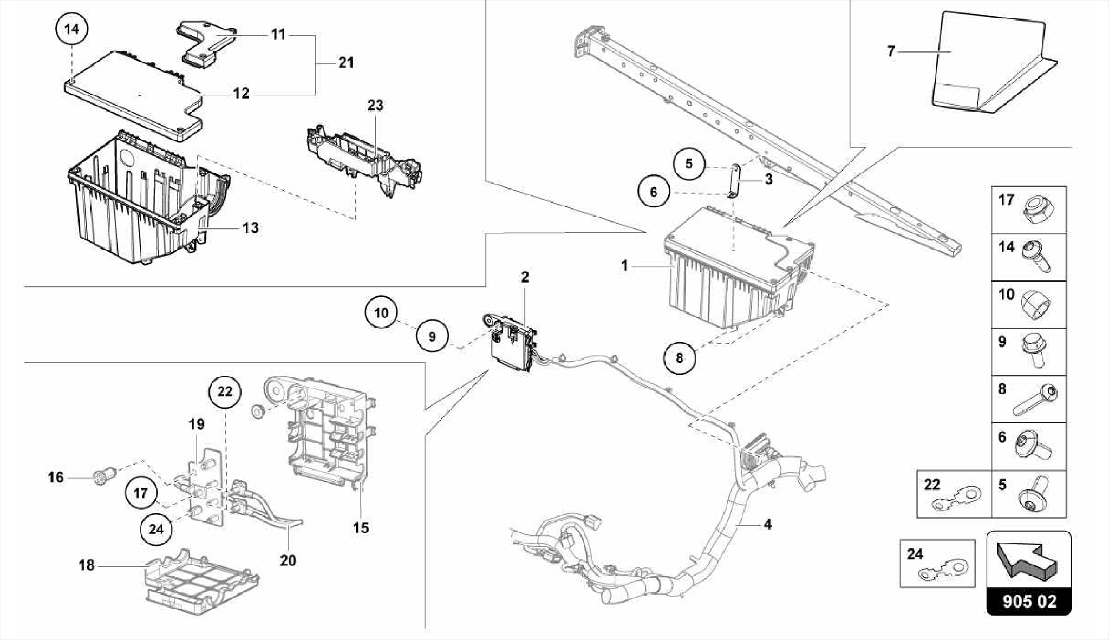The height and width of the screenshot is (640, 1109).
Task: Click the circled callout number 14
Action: click(x=71, y=29)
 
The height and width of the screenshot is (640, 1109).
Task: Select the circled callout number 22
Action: click(x=225, y=391)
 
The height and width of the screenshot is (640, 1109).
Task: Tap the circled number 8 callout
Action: click(x=680, y=357)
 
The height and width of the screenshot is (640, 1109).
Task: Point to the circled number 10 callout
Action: click(x=381, y=313)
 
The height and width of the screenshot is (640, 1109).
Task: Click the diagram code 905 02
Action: click(x=1029, y=602)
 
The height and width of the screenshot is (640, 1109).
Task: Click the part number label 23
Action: click(x=375, y=105)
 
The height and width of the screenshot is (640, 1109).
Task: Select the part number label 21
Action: click(x=345, y=63)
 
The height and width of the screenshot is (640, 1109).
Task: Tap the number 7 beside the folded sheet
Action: click(x=891, y=52)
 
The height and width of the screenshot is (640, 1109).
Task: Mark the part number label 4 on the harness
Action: click(x=767, y=524)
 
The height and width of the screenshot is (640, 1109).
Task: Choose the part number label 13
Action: click(x=250, y=228)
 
